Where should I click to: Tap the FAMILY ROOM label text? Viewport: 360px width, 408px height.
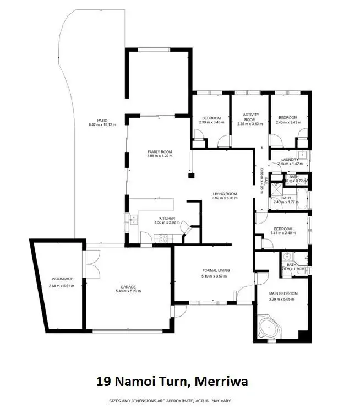tap(160, 151)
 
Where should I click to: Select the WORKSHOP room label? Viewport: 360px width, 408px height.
tap(61, 279)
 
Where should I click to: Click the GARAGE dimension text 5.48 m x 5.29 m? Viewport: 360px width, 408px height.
tap(128, 291)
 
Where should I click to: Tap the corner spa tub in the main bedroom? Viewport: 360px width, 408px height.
tap(268, 327)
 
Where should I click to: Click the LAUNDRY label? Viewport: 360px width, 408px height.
tap(288, 160)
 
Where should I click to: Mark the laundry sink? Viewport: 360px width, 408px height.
tap(302, 155)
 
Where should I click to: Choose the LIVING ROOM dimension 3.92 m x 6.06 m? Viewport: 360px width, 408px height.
tap(225, 198)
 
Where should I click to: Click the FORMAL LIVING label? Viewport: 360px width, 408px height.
tap(216, 270)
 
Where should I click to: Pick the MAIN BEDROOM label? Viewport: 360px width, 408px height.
tap(283, 294)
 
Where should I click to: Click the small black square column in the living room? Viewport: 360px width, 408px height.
tap(191, 176)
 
